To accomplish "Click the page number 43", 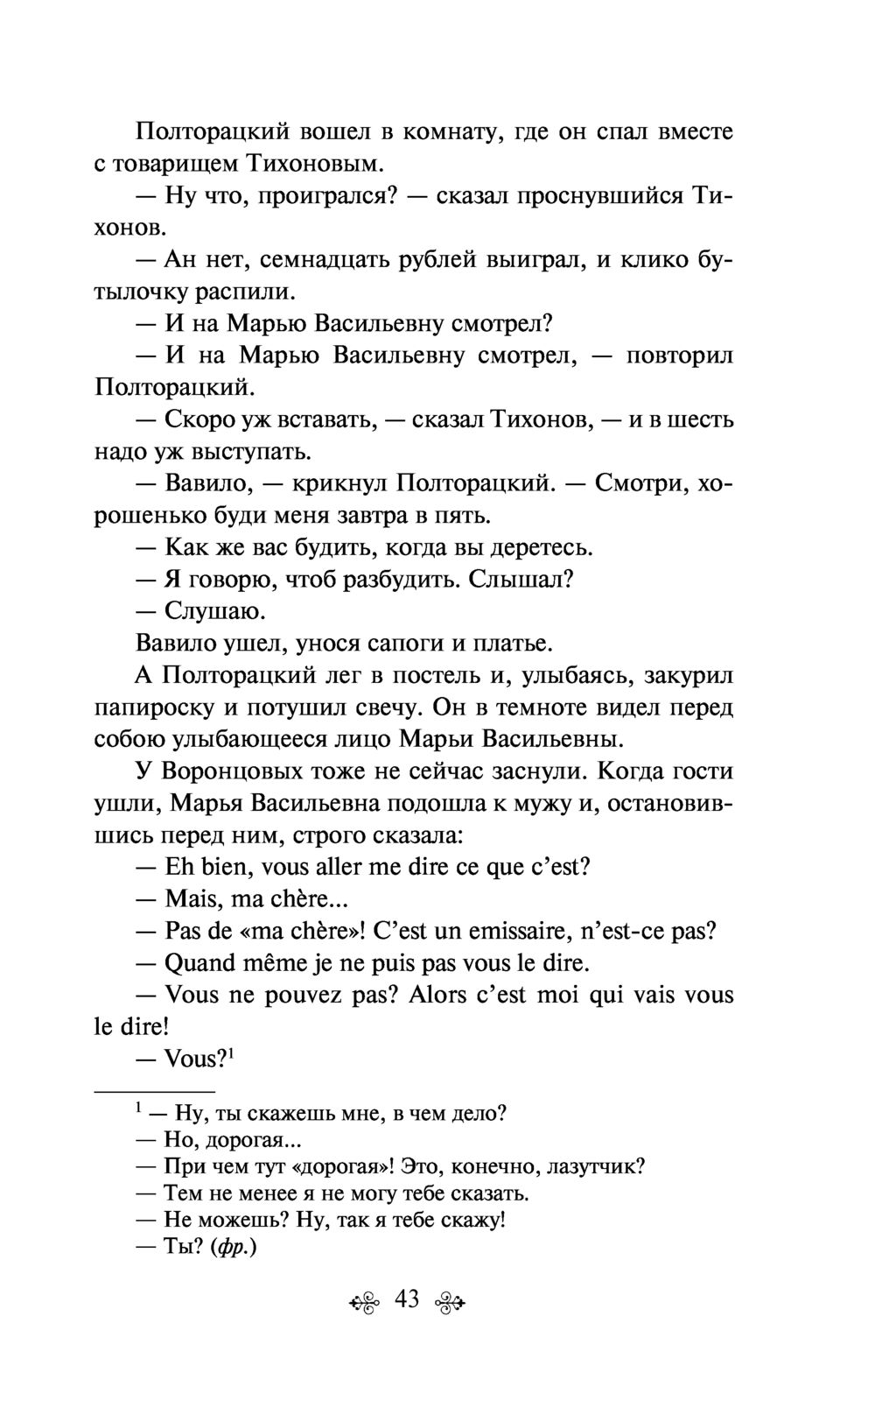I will pyautogui.click(x=407, y=1299).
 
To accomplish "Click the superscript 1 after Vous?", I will pyautogui.click(x=234, y=1053).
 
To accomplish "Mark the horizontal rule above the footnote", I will pyautogui.click(x=154, y=1092).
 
